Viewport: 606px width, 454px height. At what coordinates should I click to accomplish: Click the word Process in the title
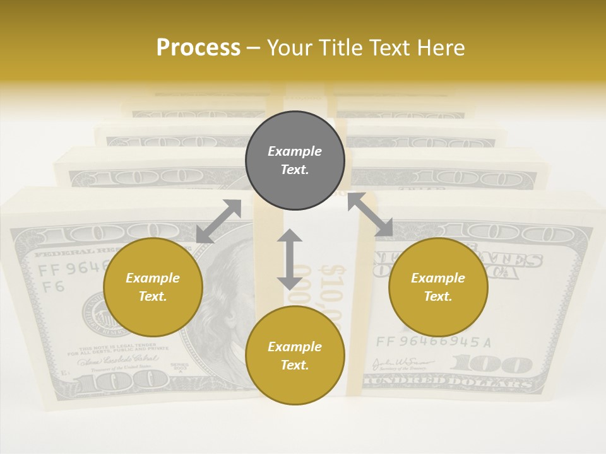198,47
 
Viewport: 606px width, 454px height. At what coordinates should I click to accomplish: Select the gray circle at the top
295,160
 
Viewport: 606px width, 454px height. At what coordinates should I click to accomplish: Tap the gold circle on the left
153,287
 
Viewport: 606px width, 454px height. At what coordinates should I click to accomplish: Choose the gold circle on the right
438,287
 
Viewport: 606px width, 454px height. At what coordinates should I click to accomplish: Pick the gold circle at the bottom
295,356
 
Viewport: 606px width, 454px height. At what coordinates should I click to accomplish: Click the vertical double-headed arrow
290,259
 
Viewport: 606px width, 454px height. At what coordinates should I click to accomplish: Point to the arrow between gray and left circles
219,221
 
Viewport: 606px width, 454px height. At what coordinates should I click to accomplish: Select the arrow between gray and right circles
370,214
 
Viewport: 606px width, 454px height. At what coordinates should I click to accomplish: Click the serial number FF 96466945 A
433,342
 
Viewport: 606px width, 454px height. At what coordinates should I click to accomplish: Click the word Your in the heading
290,47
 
